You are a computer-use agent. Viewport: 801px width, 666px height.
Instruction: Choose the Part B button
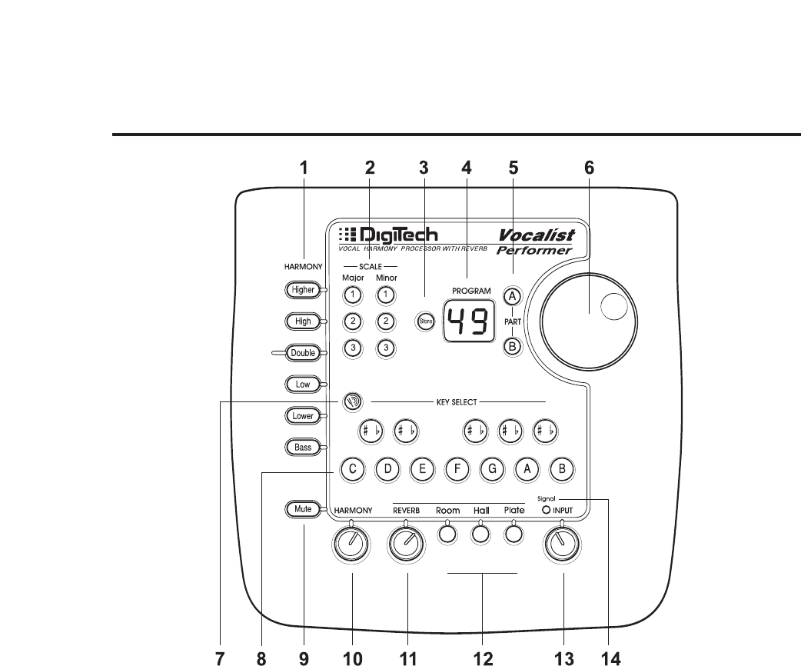tap(513, 347)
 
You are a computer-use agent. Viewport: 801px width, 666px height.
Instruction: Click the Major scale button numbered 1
tap(352, 295)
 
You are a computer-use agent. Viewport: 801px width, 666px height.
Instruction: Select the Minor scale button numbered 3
tap(386, 348)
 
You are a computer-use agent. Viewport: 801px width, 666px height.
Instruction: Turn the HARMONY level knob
tap(352, 545)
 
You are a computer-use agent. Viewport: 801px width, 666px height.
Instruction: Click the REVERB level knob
tap(406, 545)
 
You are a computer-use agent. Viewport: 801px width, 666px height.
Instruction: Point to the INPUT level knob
tap(562, 545)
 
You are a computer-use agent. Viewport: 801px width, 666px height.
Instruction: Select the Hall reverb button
tap(481, 533)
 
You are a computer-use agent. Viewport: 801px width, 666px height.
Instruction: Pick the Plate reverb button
tap(514, 533)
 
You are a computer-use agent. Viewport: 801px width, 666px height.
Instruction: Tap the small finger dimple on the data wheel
tap(613, 307)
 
